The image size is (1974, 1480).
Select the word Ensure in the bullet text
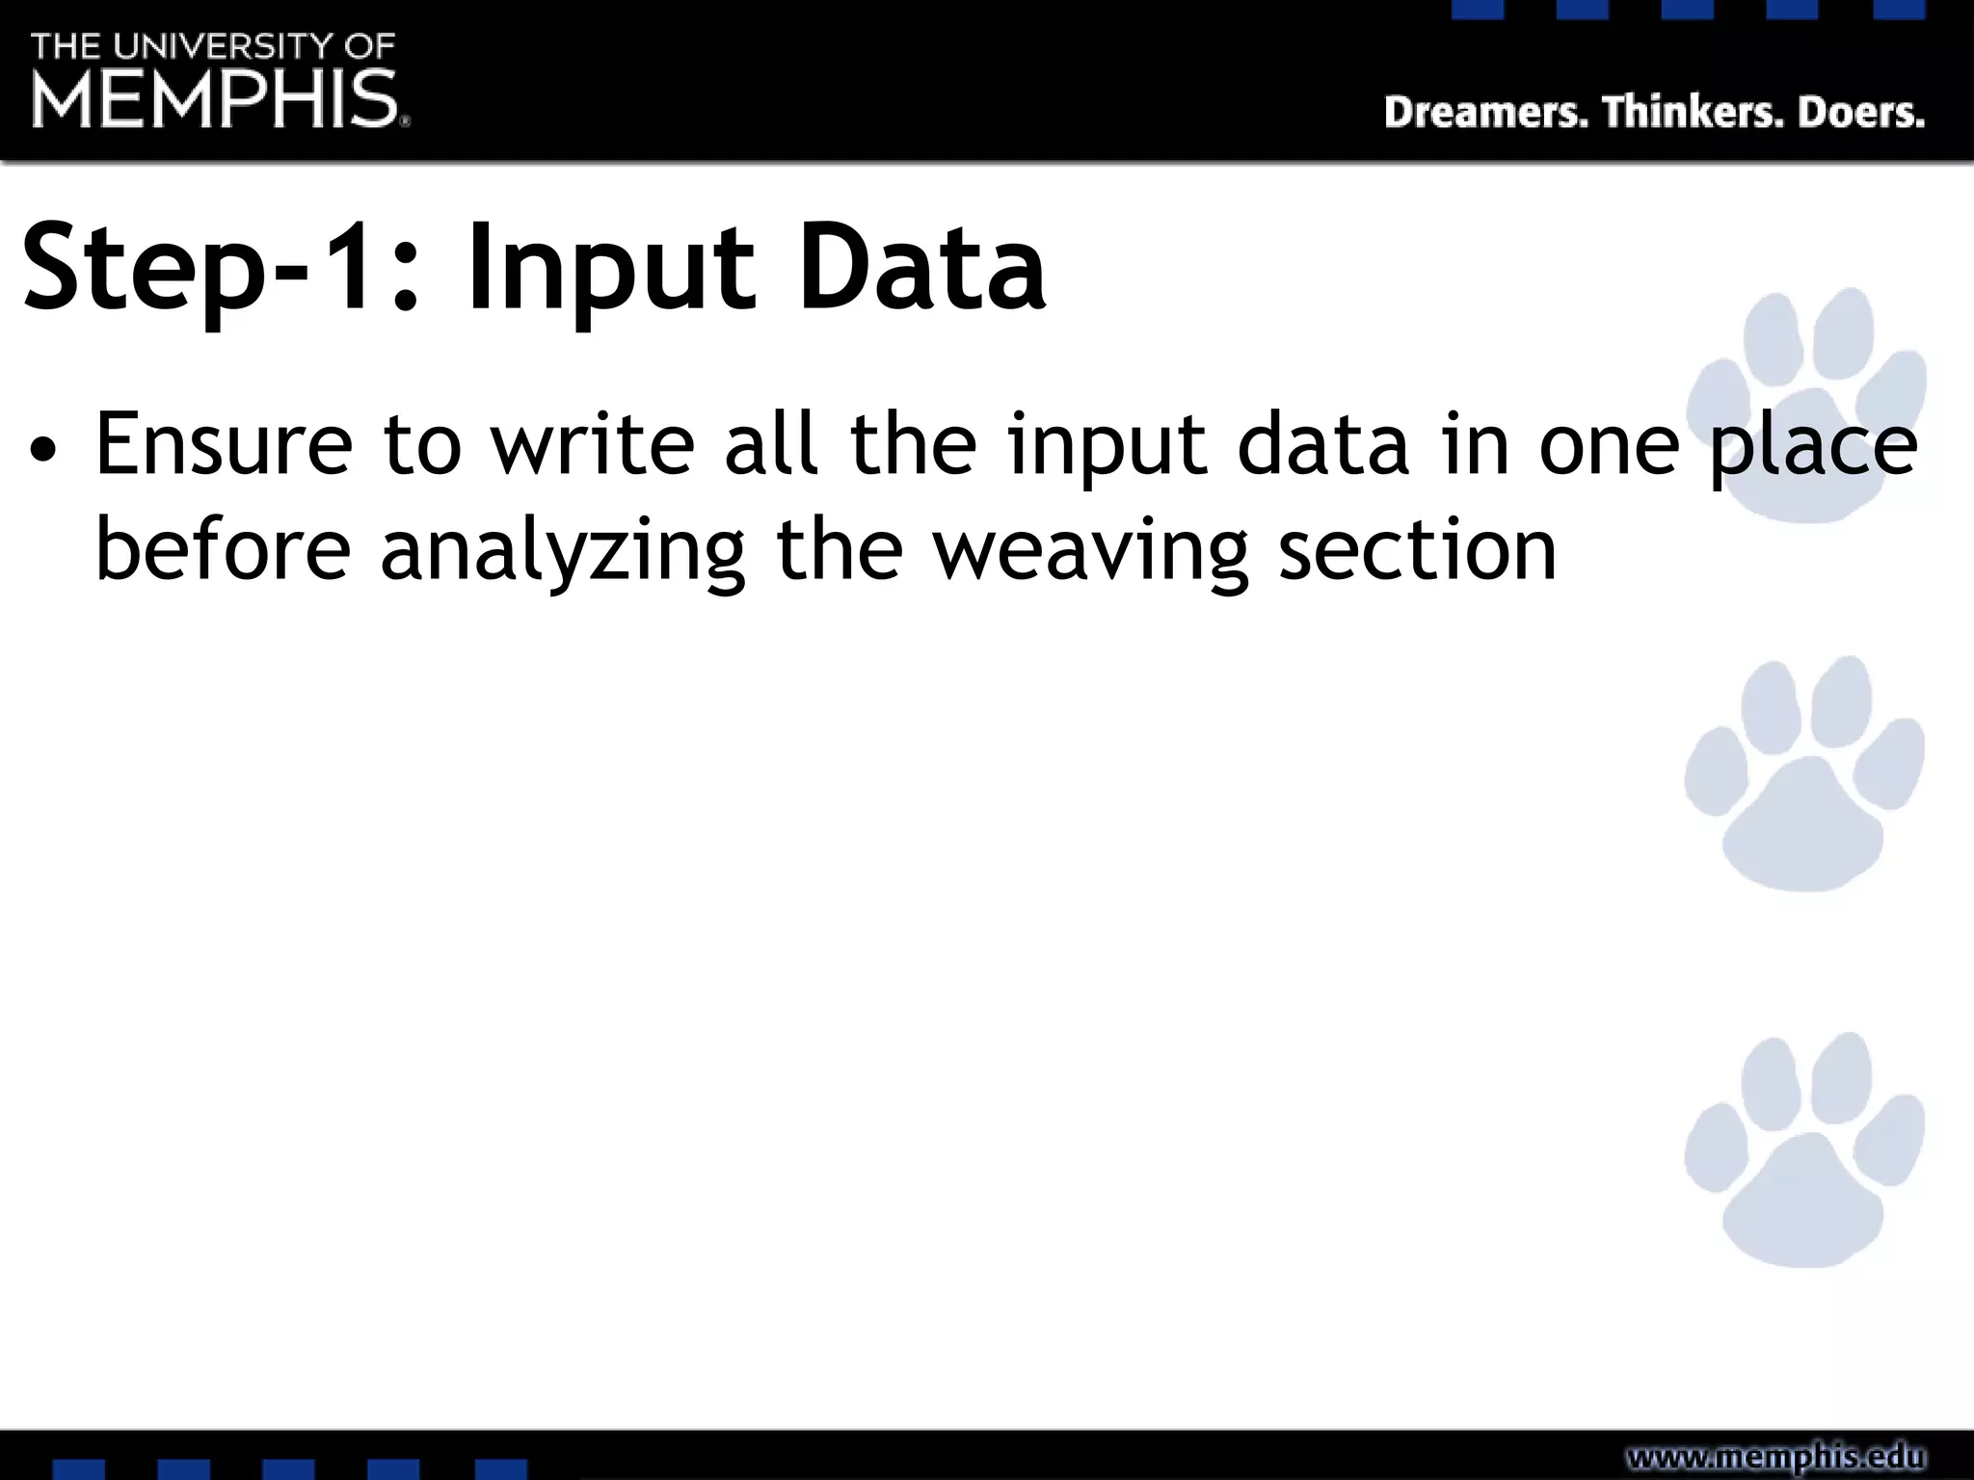click(225, 444)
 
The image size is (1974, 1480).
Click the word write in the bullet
click(593, 444)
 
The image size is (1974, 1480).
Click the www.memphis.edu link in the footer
click(1775, 1456)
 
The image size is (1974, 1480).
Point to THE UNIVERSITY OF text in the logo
click(213, 45)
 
